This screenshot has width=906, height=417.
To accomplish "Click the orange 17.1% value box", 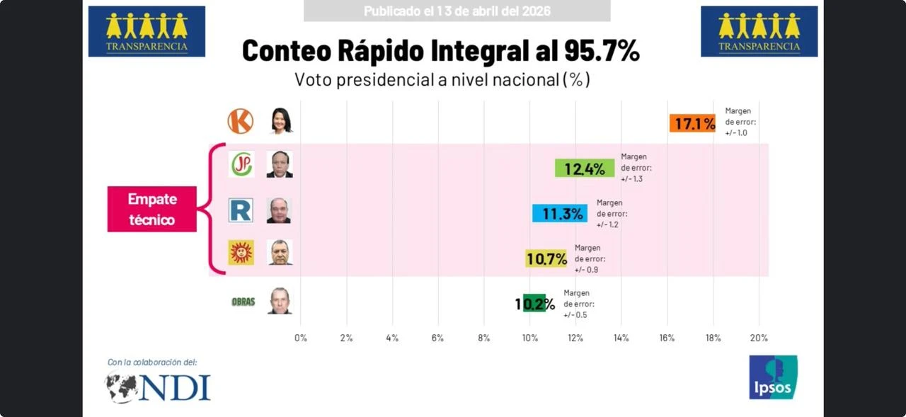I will [692, 123].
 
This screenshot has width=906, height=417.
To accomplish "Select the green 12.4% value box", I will [585, 168].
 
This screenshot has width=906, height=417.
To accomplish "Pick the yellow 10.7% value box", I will [546, 258].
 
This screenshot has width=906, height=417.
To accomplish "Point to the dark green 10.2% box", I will [534, 303].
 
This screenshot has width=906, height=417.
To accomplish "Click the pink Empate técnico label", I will [152, 209].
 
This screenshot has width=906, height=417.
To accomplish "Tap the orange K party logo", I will [240, 121].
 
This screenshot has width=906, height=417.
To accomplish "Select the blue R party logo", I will [241, 210].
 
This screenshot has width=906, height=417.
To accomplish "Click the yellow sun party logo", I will [241, 253].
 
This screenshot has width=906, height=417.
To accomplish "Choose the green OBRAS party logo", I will [243, 302].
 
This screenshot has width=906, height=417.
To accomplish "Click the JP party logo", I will [241, 164].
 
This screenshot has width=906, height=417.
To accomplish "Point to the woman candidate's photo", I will [281, 121].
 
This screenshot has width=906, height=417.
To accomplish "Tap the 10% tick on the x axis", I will [529, 338].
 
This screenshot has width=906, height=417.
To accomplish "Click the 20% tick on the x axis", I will [759, 338].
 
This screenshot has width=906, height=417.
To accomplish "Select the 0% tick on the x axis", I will [301, 338].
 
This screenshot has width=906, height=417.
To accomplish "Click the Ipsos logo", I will [773, 377].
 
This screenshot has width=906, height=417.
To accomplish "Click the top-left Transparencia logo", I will [147, 31].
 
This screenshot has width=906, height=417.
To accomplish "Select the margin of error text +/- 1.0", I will [736, 132].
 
